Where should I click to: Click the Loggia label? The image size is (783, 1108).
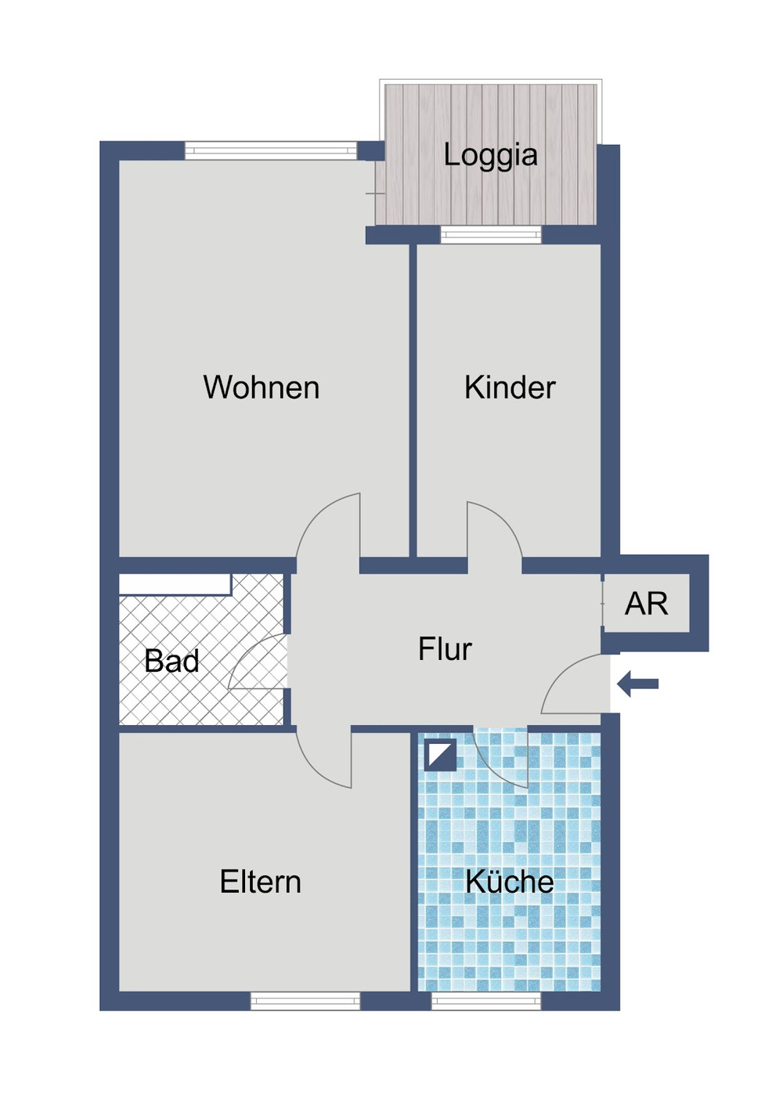[490, 155]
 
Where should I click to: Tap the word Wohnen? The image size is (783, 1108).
[261, 388]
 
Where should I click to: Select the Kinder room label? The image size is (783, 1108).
[510, 388]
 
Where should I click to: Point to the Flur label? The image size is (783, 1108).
[445, 649]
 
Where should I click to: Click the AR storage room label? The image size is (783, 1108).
[646, 604]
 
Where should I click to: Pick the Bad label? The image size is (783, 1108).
[171, 662]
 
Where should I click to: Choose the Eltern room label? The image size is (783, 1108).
[260, 882]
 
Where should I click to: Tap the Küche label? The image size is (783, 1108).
[509, 882]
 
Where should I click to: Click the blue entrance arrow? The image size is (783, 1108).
[637, 684]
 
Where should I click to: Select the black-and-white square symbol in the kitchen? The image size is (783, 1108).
[440, 755]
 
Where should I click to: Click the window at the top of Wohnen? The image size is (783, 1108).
[270, 150]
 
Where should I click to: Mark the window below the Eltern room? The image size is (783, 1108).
[305, 1001]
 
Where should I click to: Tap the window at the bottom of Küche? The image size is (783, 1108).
[486, 1001]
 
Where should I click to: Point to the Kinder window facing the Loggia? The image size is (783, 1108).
[491, 234]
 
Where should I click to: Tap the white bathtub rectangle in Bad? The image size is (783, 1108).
[175, 584]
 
